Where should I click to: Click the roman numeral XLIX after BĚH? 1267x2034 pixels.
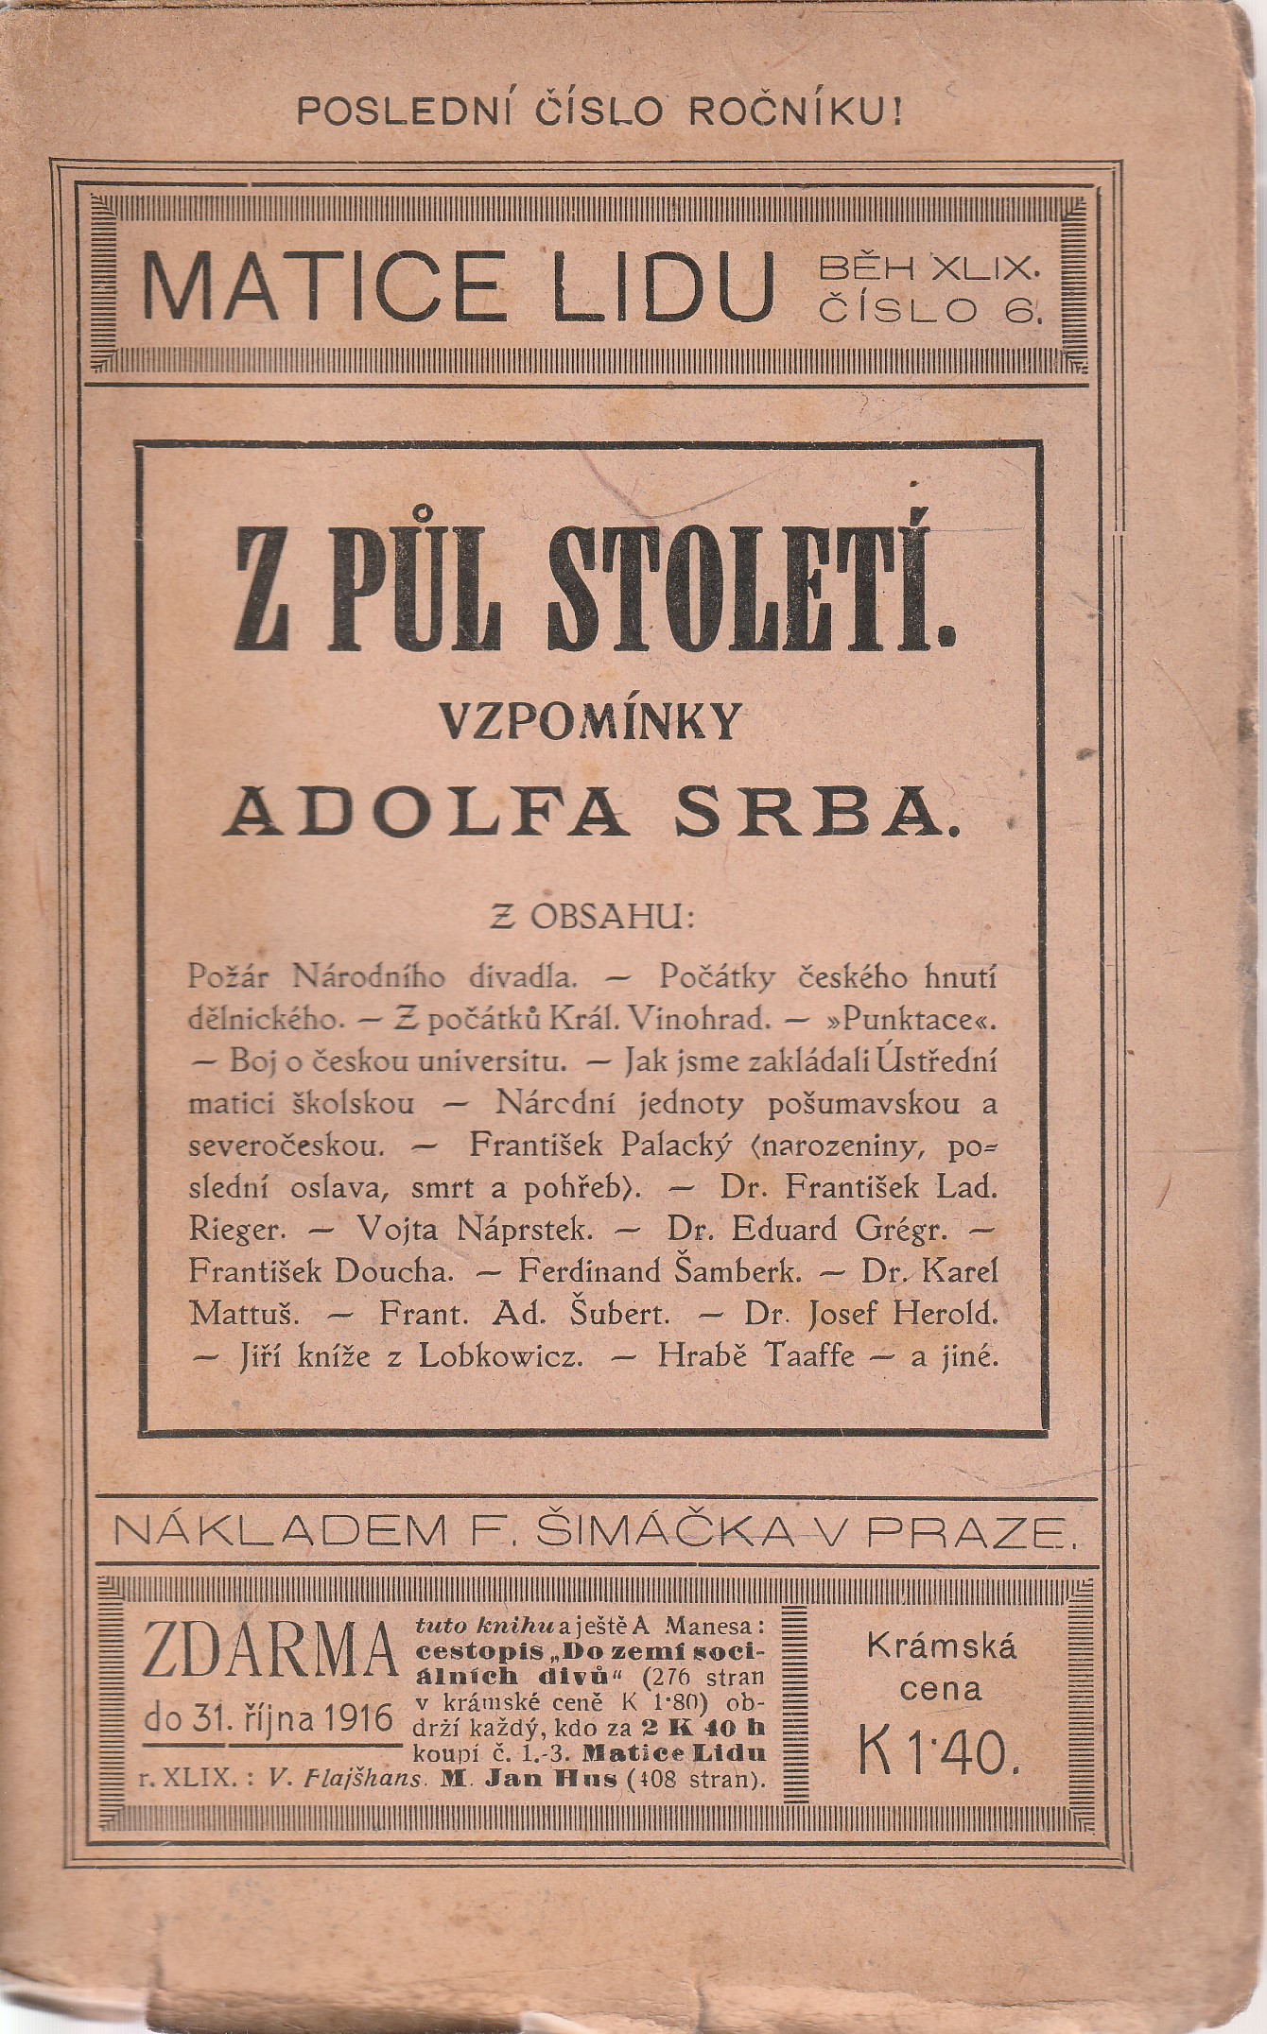coord(983,269)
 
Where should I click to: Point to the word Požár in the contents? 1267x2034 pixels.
coord(234,975)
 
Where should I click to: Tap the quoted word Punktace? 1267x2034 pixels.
coord(913,1018)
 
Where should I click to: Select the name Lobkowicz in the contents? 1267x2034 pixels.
coord(501,1356)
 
